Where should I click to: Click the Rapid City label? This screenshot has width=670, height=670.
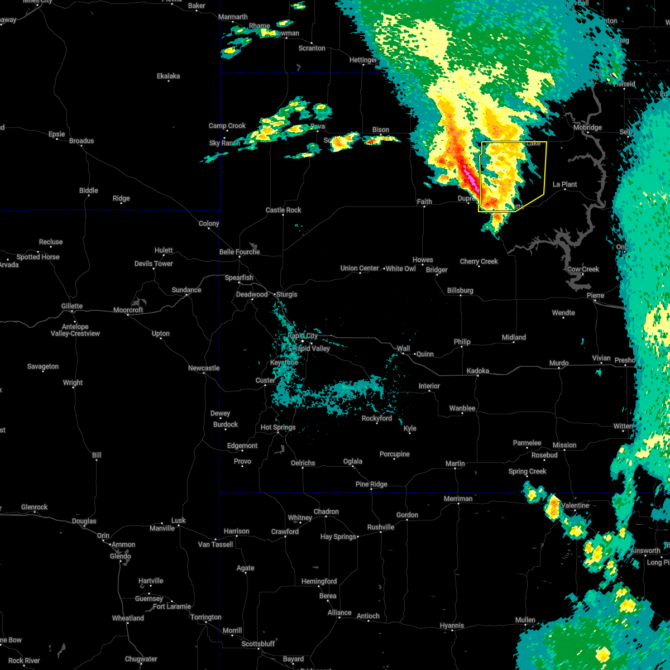(303, 336)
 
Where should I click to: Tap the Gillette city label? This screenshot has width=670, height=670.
(72, 306)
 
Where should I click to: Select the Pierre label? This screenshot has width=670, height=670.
(595, 295)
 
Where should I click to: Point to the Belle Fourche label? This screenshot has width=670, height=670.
(240, 252)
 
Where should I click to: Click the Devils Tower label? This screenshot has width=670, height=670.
(154, 264)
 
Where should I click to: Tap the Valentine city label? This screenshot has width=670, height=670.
(575, 505)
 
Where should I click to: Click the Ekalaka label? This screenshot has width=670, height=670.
(168, 76)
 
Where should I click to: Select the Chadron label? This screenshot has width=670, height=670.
(326, 511)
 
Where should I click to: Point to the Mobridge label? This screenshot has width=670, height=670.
(587, 127)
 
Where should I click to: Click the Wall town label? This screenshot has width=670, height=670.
(403, 348)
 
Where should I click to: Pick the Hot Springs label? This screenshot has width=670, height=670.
(278, 428)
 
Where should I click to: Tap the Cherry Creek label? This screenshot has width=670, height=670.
(478, 261)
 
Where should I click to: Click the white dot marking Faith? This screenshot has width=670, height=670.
(424, 207)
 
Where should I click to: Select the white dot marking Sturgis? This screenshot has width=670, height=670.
(275, 294)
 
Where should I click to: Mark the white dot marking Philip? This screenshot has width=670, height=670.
(462, 348)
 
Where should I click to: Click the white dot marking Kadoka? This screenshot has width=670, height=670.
(477, 376)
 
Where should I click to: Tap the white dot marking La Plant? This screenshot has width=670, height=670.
(564, 190)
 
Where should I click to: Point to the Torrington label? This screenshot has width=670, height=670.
(205, 617)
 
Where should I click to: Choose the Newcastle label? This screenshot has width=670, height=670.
(204, 368)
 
